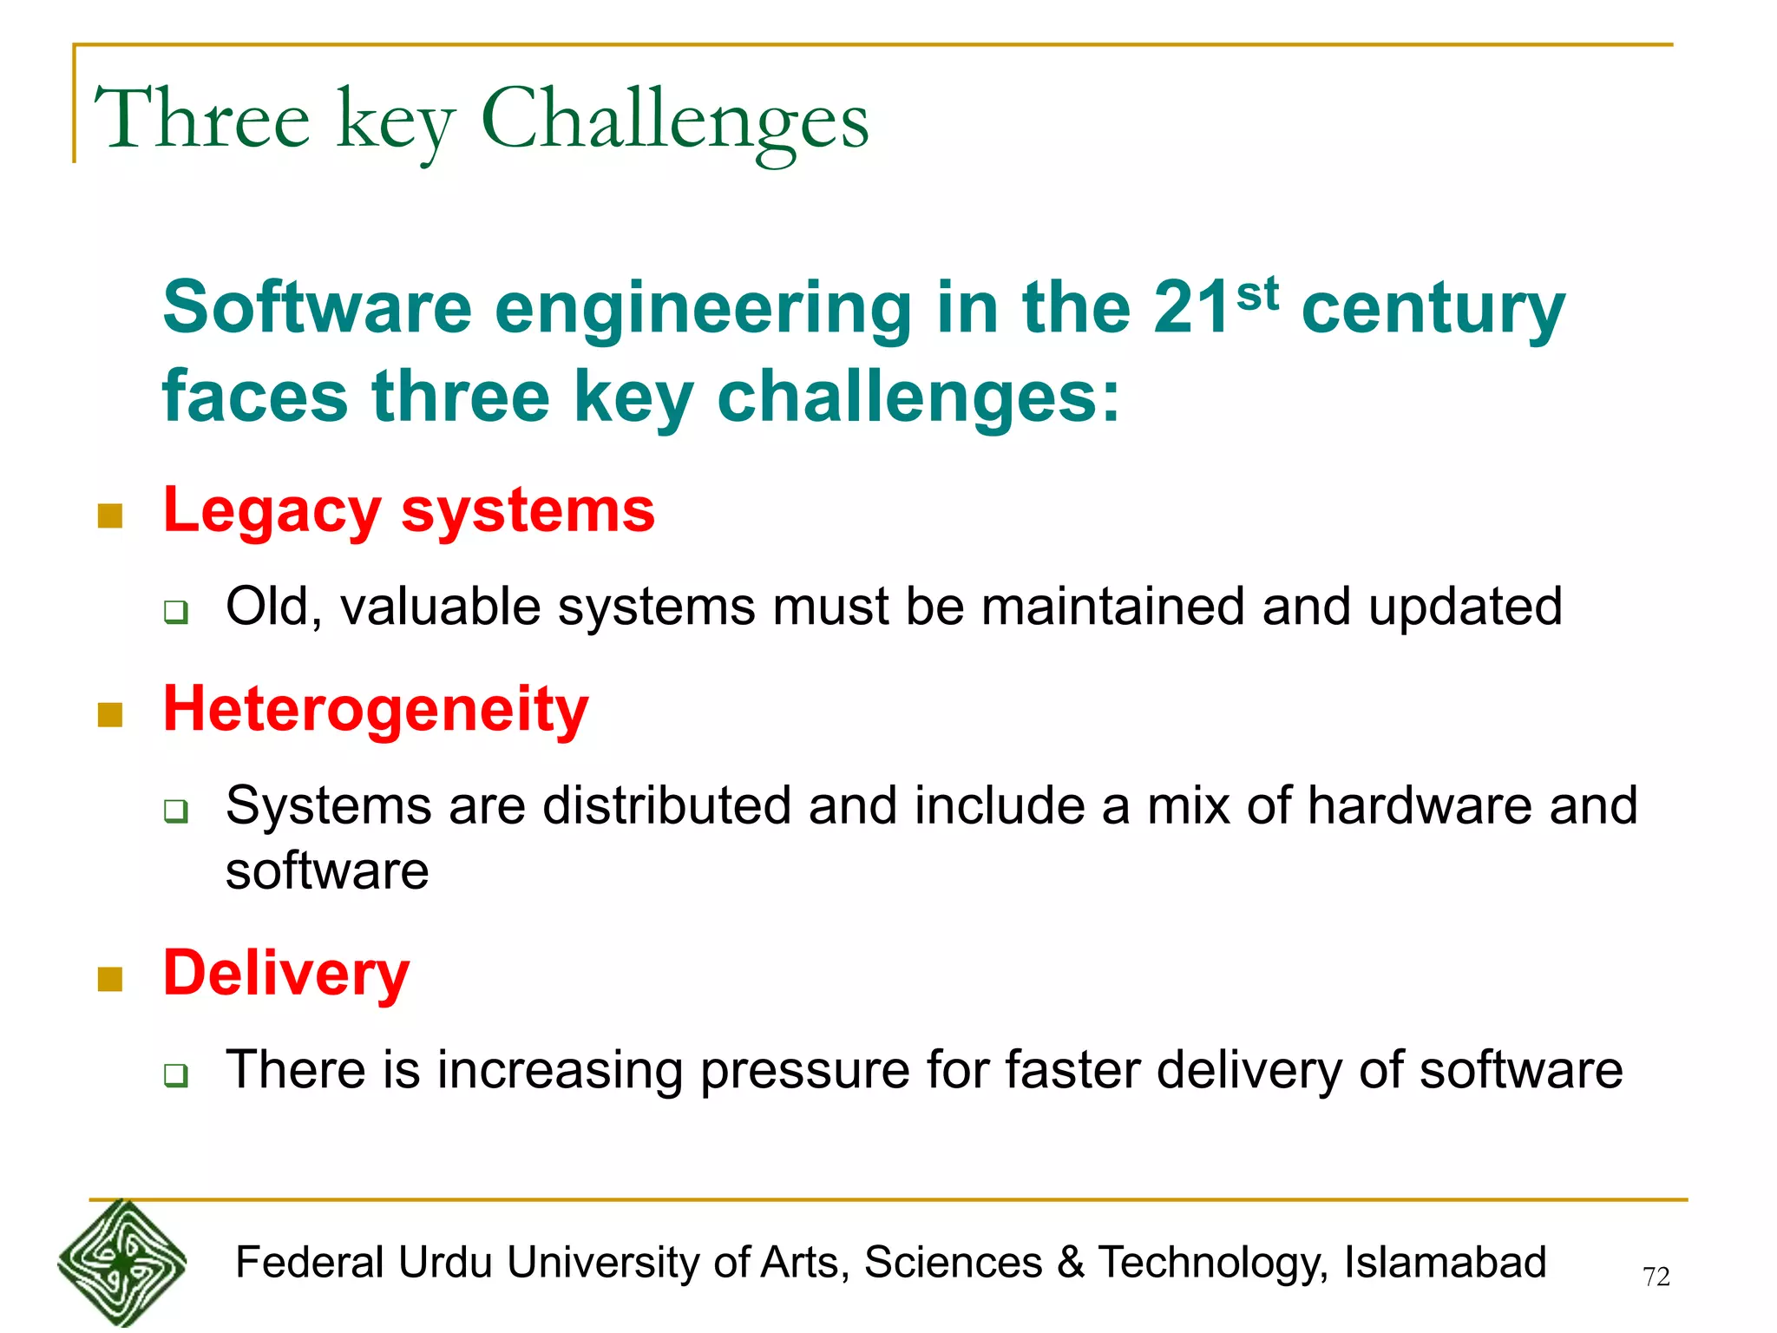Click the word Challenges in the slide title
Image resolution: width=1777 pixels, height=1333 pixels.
point(674,120)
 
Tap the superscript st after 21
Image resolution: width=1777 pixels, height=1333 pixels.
point(1257,293)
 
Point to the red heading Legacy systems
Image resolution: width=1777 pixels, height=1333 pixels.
point(409,510)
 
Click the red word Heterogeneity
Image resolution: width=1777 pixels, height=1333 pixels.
point(376,709)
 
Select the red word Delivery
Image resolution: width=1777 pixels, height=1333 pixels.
point(286,973)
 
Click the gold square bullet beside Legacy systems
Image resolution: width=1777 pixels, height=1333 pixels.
point(110,516)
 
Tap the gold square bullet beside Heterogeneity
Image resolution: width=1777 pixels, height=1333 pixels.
point(110,715)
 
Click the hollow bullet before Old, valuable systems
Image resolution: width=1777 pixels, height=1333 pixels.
point(176,613)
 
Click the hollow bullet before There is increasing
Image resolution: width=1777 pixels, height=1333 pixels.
point(176,1076)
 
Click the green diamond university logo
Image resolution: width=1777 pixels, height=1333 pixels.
point(122,1264)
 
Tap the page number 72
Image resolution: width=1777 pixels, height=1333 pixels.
point(1656,1277)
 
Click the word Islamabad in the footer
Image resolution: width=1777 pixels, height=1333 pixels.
point(1445,1262)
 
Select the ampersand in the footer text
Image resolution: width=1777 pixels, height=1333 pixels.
point(1071,1262)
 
